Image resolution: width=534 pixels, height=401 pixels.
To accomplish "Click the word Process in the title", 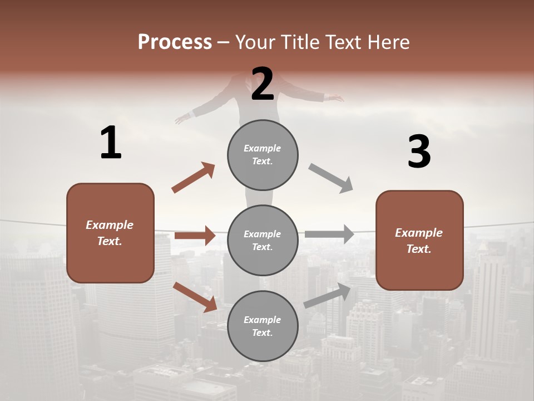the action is [175, 42].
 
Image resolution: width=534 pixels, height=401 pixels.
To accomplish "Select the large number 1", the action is [111, 143].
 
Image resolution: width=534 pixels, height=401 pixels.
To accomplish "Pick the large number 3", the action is [419, 151].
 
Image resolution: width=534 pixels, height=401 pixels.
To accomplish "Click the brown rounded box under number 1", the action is [110, 233].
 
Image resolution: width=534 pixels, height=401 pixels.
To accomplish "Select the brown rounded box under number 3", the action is [419, 240].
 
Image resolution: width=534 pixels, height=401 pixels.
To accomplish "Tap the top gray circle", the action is [263, 154].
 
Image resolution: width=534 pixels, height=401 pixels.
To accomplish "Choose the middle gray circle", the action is [263, 240].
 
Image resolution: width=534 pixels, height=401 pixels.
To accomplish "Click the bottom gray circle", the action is [263, 326].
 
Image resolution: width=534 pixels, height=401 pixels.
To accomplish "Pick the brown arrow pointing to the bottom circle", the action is [195, 297].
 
